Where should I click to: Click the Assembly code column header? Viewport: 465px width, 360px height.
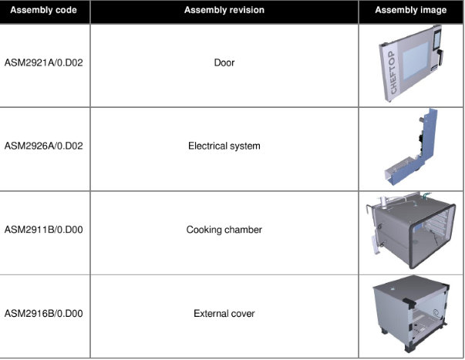click(44, 10)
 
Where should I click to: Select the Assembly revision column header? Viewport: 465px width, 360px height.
click(224, 10)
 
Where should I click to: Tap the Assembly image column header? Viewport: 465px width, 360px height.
click(411, 10)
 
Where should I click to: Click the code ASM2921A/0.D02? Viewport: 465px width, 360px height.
click(44, 63)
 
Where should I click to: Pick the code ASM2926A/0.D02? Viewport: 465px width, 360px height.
click(44, 146)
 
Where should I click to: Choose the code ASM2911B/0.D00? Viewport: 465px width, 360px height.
click(44, 230)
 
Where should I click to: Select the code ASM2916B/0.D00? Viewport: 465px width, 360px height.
click(44, 314)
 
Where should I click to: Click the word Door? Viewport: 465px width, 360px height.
click(224, 63)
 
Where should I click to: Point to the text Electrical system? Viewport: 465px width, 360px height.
click(224, 146)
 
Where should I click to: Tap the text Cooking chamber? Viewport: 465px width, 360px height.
click(224, 230)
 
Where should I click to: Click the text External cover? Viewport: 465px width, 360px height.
click(224, 314)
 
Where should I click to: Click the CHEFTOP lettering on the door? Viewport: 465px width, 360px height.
click(393, 72)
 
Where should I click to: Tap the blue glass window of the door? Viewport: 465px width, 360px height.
click(416, 61)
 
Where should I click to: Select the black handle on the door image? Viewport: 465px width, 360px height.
click(440, 57)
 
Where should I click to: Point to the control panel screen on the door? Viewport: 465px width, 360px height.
click(437, 39)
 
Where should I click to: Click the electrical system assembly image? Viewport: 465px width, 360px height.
click(411, 147)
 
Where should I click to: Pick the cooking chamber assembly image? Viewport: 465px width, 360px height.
click(411, 230)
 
